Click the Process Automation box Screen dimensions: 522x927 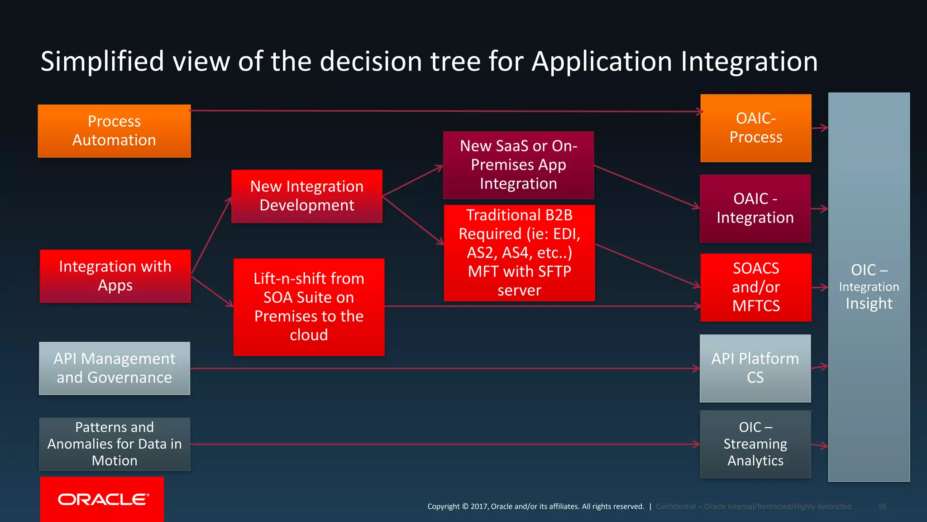click(114, 131)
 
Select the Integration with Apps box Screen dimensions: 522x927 click(115, 276)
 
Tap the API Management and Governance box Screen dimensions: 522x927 click(115, 368)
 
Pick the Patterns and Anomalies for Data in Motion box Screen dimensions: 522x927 click(115, 444)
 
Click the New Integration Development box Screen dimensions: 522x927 click(307, 196)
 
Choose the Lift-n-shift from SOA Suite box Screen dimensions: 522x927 click(309, 307)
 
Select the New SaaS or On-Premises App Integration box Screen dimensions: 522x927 click(518, 165)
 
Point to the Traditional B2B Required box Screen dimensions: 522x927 click(519, 253)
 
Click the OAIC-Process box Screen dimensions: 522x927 click(755, 128)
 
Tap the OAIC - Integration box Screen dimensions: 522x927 click(755, 208)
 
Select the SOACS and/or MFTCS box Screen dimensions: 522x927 click(755, 287)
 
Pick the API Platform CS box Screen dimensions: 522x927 click(755, 368)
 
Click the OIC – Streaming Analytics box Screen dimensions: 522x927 click(755, 444)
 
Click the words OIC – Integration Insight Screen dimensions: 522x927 click(869, 287)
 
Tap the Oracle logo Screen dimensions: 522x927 click(102, 499)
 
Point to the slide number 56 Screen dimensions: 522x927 click(882, 507)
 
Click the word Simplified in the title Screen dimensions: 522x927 click(102, 62)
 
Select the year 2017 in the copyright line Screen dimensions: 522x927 click(478, 507)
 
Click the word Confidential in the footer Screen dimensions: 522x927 click(675, 507)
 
